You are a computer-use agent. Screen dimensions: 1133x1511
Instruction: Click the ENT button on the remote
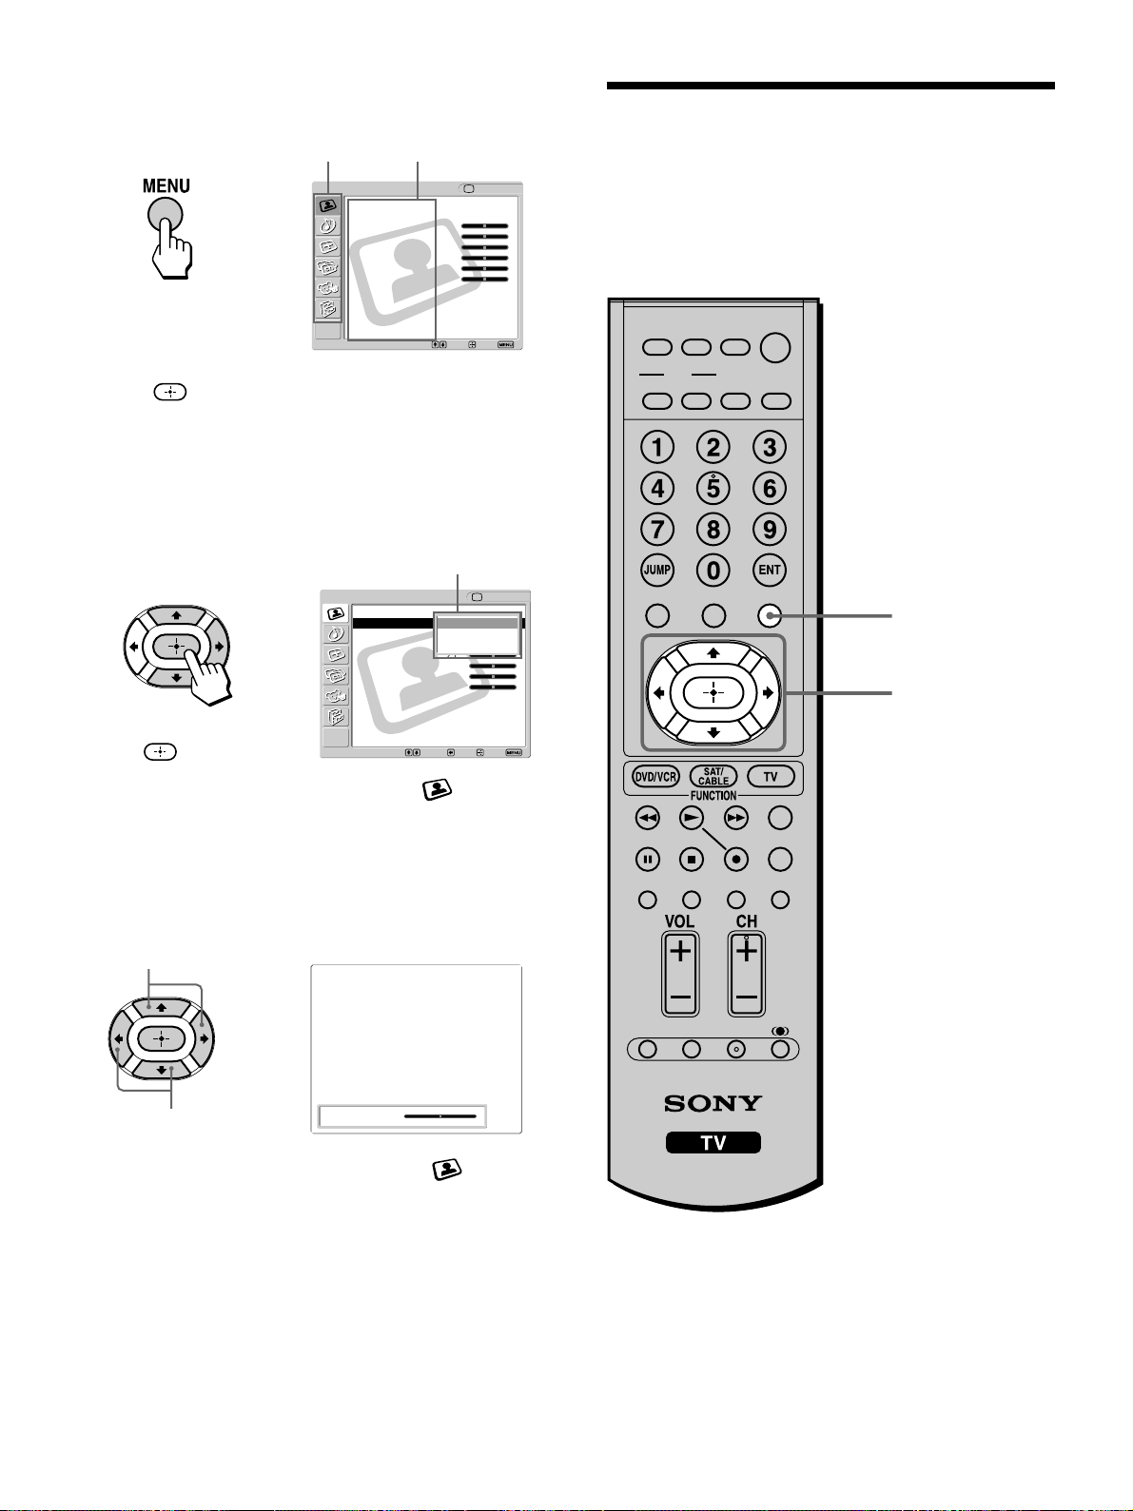(769, 570)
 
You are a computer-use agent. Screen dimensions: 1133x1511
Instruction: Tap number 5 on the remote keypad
(713, 488)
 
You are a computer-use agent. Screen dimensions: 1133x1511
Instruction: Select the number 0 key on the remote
(713, 570)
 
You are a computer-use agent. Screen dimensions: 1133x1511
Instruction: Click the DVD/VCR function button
(655, 777)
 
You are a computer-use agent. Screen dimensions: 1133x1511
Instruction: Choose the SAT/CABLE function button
(713, 777)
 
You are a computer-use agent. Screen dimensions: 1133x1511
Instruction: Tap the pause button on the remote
(647, 859)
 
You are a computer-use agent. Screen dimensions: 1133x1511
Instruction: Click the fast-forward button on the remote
(735, 818)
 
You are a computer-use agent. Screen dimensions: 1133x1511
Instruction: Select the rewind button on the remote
(647, 818)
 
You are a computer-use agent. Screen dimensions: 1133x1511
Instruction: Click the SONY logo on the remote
(713, 1103)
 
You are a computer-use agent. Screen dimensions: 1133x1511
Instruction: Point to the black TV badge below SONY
(713, 1143)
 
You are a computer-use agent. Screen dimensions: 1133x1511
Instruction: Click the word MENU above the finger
(166, 185)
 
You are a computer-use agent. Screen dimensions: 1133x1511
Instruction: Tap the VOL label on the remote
(679, 921)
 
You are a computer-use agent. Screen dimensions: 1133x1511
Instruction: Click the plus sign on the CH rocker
(746, 951)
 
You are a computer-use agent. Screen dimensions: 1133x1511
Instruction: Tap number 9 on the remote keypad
(769, 530)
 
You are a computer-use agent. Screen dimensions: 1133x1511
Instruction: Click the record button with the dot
(735, 859)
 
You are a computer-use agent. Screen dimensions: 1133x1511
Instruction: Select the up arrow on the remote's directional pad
(713, 652)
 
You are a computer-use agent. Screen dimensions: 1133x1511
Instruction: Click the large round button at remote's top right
(775, 348)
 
